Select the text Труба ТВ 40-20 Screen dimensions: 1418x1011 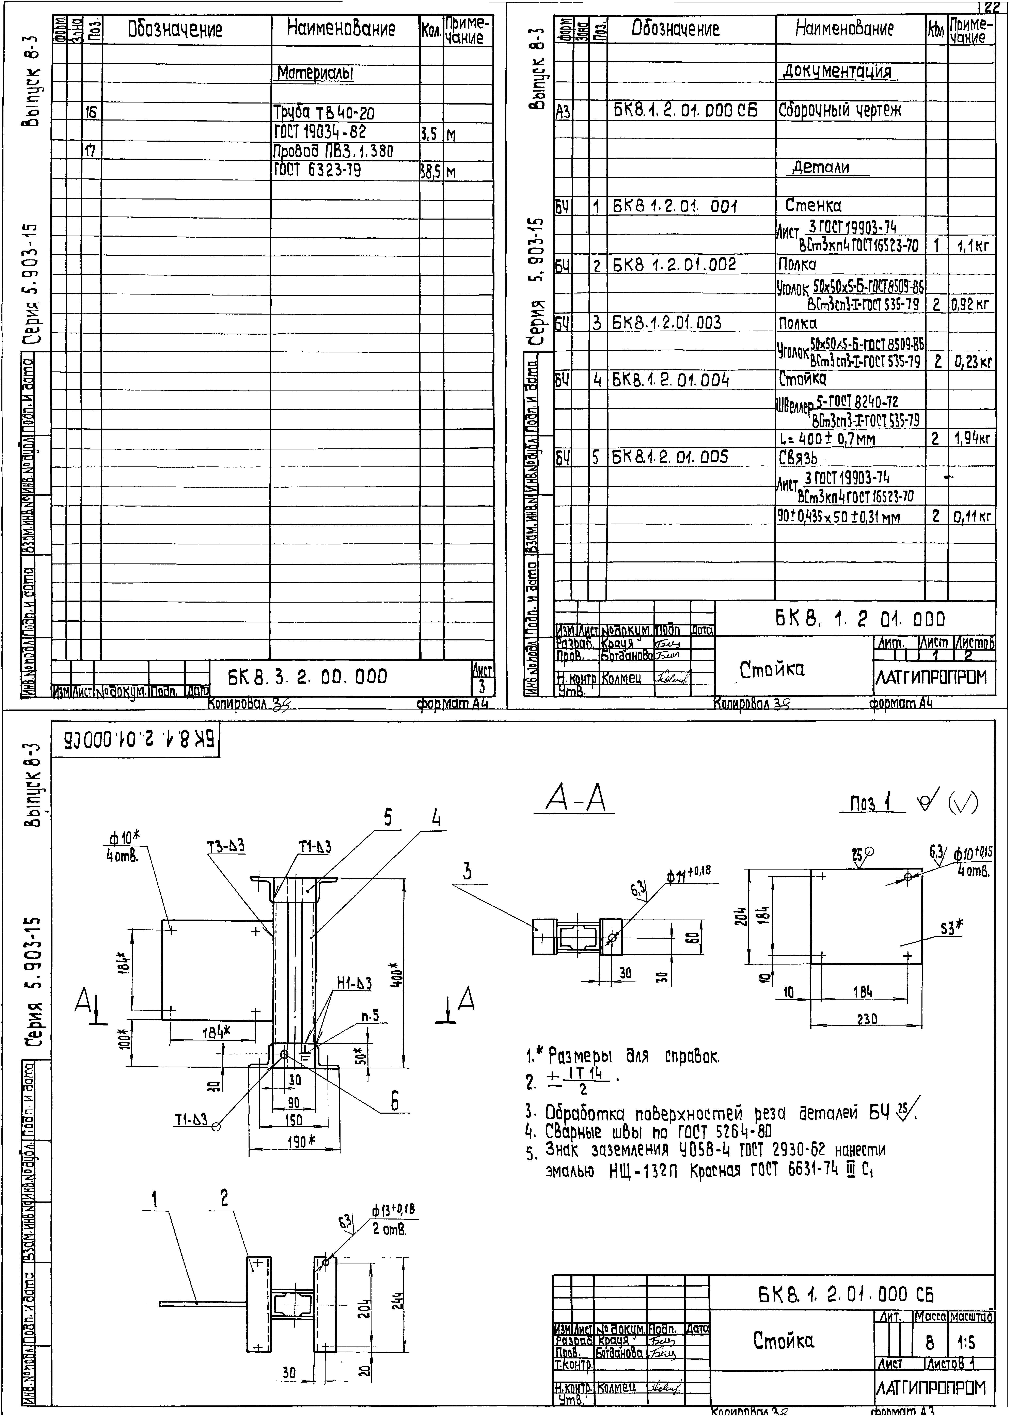tap(324, 113)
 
